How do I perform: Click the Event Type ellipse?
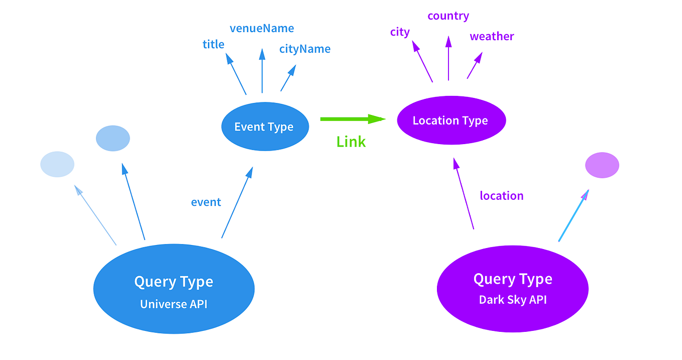click(264, 127)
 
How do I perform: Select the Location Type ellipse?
click(450, 121)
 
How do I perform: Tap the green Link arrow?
click(352, 119)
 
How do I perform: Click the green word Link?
click(351, 142)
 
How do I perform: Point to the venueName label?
click(262, 28)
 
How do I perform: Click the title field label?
click(213, 44)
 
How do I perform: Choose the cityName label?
click(305, 49)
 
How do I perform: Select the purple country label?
click(448, 16)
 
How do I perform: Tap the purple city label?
click(400, 32)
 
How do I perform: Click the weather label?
click(492, 37)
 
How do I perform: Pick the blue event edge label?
click(206, 202)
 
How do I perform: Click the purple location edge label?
click(501, 196)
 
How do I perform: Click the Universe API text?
click(173, 304)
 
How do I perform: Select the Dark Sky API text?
click(512, 300)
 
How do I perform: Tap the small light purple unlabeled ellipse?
click(602, 165)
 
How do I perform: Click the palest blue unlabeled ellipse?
click(57, 164)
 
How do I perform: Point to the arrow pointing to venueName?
click(262, 70)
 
